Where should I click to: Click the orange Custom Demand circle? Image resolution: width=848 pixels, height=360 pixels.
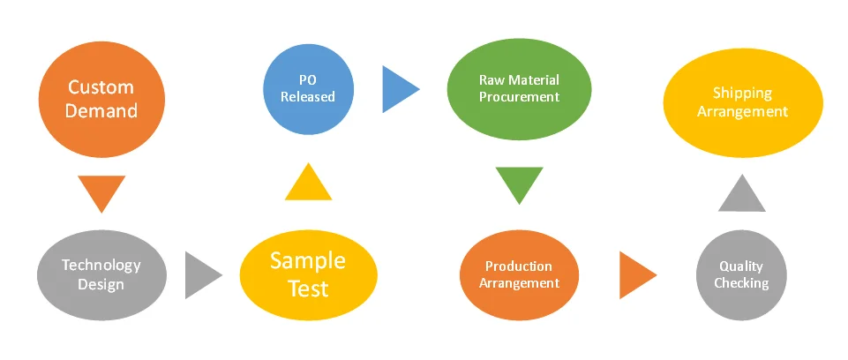tap(101, 99)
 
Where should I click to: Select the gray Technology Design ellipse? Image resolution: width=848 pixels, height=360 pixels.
tap(101, 274)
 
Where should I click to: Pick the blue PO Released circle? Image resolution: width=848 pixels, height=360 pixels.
tap(308, 87)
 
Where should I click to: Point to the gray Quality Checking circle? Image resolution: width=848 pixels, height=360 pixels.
tap(742, 274)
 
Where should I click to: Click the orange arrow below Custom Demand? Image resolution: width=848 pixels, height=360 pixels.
tap(101, 191)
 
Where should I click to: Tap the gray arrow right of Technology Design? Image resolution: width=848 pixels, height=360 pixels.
tap(201, 274)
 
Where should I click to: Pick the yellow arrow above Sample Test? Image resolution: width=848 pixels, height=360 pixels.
tap(308, 183)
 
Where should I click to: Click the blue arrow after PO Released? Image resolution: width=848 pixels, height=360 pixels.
tap(398, 88)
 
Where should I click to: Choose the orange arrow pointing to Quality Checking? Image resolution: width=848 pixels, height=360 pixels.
tap(635, 274)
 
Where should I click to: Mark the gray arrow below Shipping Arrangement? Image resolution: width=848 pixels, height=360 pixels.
tap(742, 195)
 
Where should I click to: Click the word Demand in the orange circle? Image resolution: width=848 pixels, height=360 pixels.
tap(101, 111)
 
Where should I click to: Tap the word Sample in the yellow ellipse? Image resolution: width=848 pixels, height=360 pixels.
tap(307, 260)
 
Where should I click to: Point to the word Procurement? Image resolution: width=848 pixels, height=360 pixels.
tap(519, 96)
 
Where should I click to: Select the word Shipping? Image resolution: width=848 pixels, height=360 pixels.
tap(742, 94)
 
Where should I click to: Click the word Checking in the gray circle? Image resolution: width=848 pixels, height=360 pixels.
tap(742, 283)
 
